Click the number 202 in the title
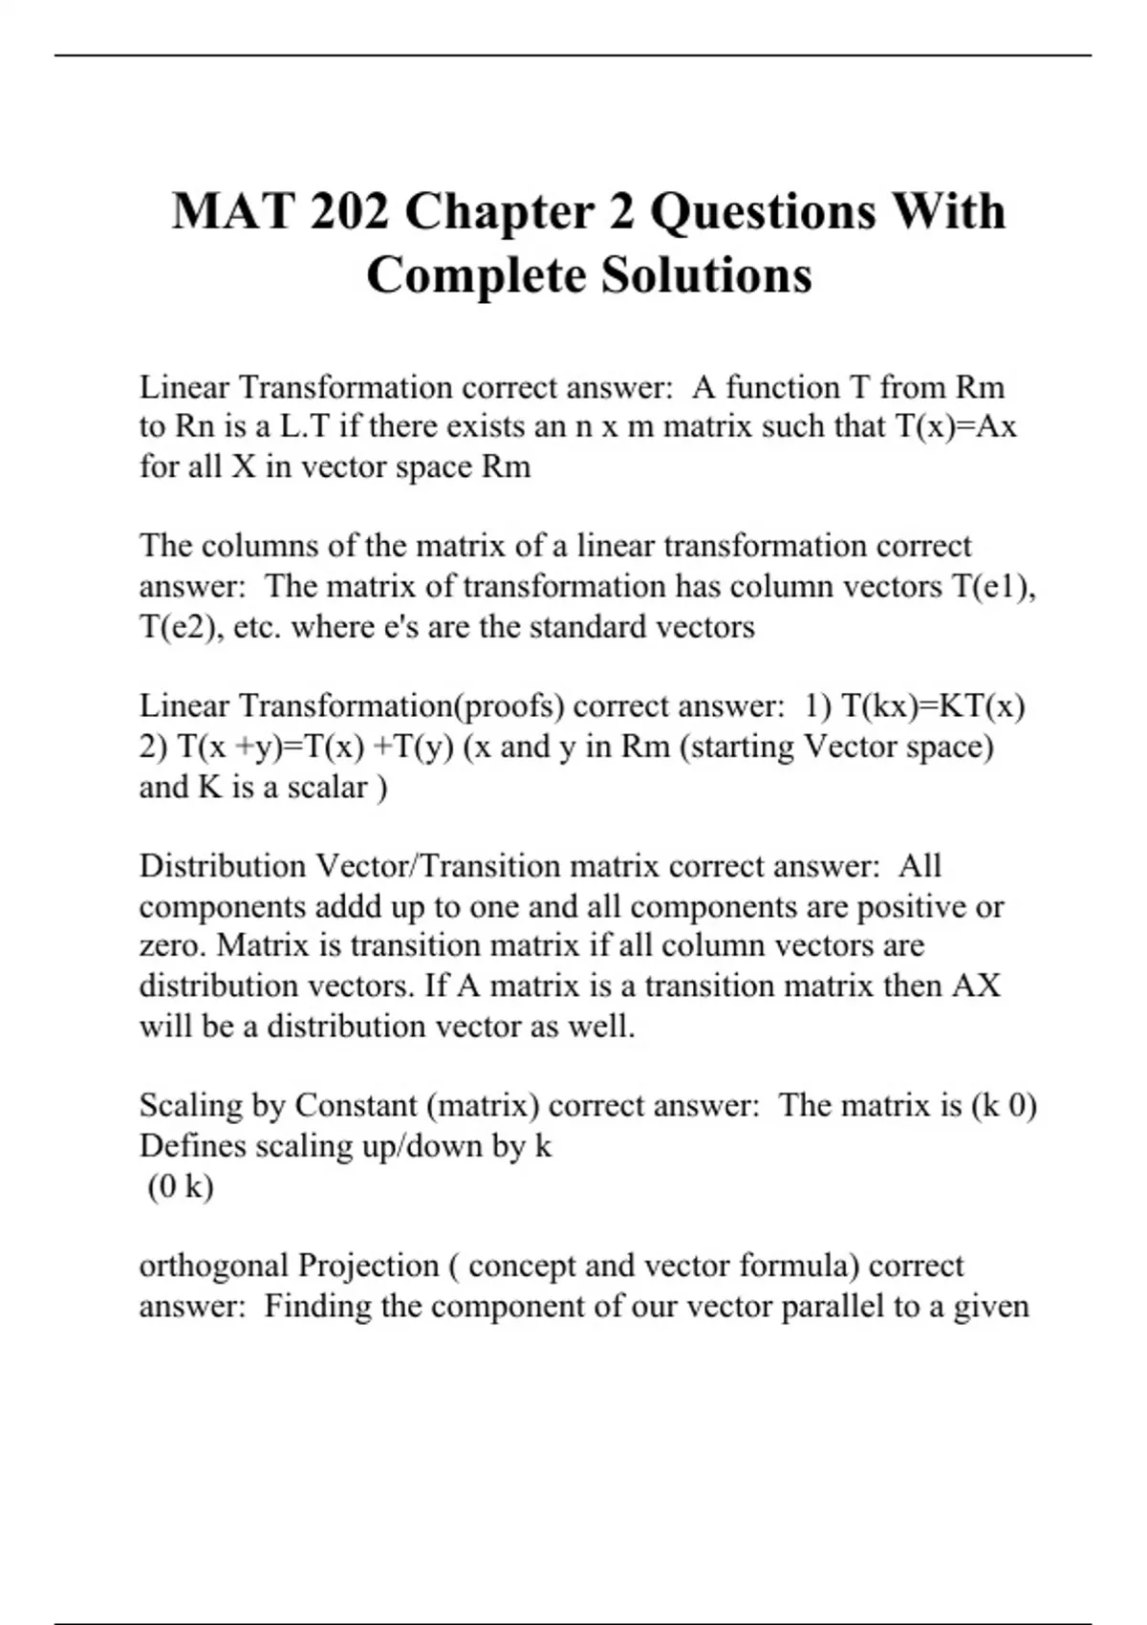coord(349,211)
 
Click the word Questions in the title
coord(763,211)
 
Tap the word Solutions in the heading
coord(706,275)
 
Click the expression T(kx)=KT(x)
coord(933,706)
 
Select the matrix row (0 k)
coord(181,1186)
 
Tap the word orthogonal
coord(214,1266)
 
